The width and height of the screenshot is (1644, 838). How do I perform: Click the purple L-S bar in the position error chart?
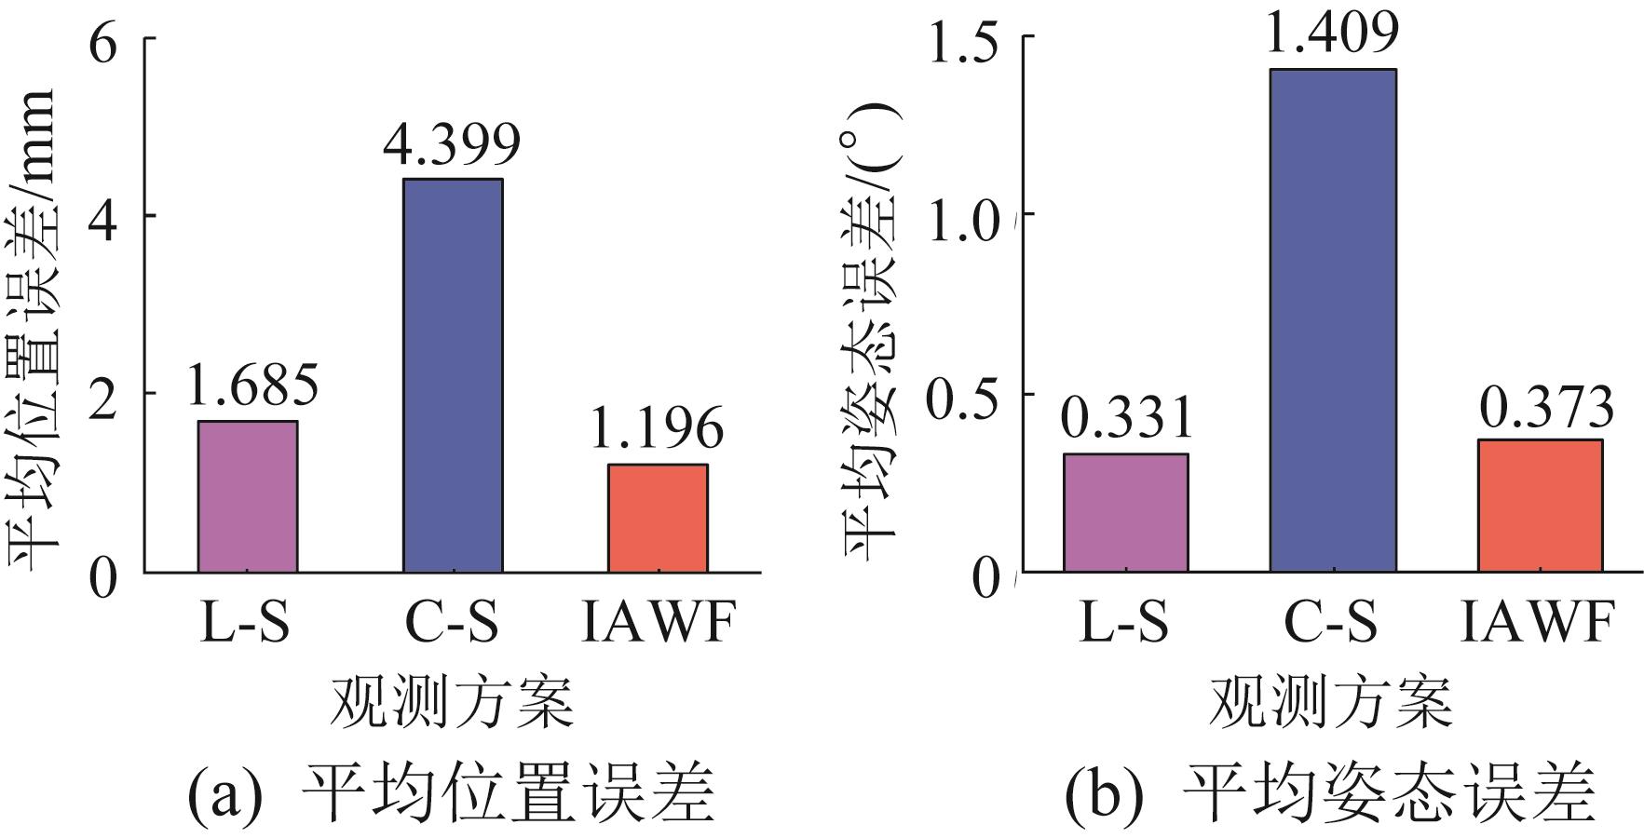[248, 496]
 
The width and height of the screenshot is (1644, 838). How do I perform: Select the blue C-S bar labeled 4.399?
[453, 375]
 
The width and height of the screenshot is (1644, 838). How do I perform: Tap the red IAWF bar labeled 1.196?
[658, 518]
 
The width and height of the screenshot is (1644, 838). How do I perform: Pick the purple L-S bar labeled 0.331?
[1125, 512]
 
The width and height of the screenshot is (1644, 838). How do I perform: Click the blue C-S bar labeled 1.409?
[1333, 319]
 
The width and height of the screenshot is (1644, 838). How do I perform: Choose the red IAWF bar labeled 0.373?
[1540, 505]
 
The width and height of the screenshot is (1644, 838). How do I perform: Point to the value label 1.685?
[251, 385]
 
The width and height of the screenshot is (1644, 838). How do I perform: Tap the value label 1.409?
[1333, 30]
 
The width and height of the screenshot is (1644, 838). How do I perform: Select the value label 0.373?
[1546, 407]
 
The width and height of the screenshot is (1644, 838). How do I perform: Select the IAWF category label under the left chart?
[659, 623]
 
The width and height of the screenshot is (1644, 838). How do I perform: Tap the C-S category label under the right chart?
[1331, 623]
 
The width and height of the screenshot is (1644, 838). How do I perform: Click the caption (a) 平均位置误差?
[451, 794]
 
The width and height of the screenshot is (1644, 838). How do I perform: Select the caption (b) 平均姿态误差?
[1330, 794]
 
